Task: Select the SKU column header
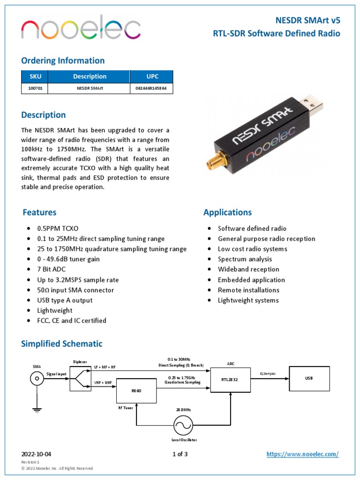click(35, 76)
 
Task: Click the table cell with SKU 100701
click(35, 88)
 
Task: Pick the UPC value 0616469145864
click(151, 88)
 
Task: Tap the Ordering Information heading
click(63, 60)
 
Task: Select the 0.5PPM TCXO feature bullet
click(58, 228)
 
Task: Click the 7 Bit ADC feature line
click(51, 270)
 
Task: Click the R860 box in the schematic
click(136, 390)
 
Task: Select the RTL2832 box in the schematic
click(230, 379)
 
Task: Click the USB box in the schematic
click(309, 378)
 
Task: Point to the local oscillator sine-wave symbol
click(183, 425)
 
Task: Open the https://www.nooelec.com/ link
click(302, 454)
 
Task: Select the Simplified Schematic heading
click(61, 344)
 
